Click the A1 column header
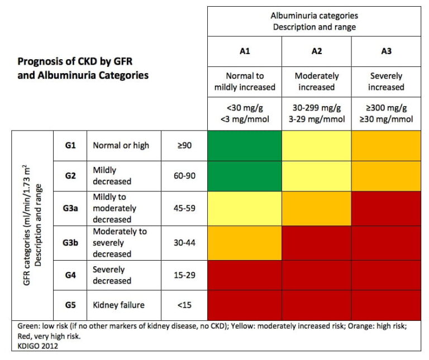pos(244,51)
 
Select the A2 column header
pos(316,51)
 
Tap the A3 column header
pos(386,51)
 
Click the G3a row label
pos(70,208)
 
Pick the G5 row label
pos(70,305)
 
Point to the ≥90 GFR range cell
pos(183,146)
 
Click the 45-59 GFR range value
pos(183,208)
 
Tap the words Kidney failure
pos(118,305)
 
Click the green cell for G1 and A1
pos(244,146)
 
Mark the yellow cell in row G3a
pos(244,208)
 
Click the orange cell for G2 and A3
pos(386,175)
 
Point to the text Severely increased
pos(386,81)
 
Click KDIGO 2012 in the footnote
pos(34,345)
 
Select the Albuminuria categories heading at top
pos(314,21)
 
